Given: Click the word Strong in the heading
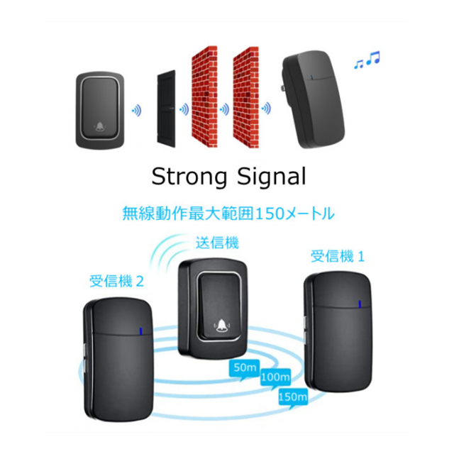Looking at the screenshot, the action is [x=189, y=177].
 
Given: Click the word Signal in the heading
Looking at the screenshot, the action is [x=272, y=177].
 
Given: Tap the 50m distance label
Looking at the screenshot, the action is [x=245, y=367].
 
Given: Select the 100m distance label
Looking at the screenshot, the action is [x=275, y=377].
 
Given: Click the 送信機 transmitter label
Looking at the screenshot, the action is [x=217, y=243].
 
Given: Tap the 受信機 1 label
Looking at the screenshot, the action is [x=338, y=257].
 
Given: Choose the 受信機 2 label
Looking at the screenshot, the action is [x=116, y=281].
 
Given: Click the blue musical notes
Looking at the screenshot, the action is [x=367, y=60].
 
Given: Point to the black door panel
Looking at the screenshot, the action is [x=166, y=109].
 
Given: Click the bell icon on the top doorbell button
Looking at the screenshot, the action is [x=100, y=126].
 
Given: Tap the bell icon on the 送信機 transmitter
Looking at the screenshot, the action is [x=221, y=326].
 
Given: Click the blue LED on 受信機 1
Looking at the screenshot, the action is [x=360, y=304].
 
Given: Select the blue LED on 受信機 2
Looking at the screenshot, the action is [x=140, y=331].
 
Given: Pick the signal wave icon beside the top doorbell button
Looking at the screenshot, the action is [x=137, y=111].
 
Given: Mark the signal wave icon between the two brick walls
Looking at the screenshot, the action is [x=224, y=109].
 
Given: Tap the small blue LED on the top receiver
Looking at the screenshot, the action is [x=311, y=77].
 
